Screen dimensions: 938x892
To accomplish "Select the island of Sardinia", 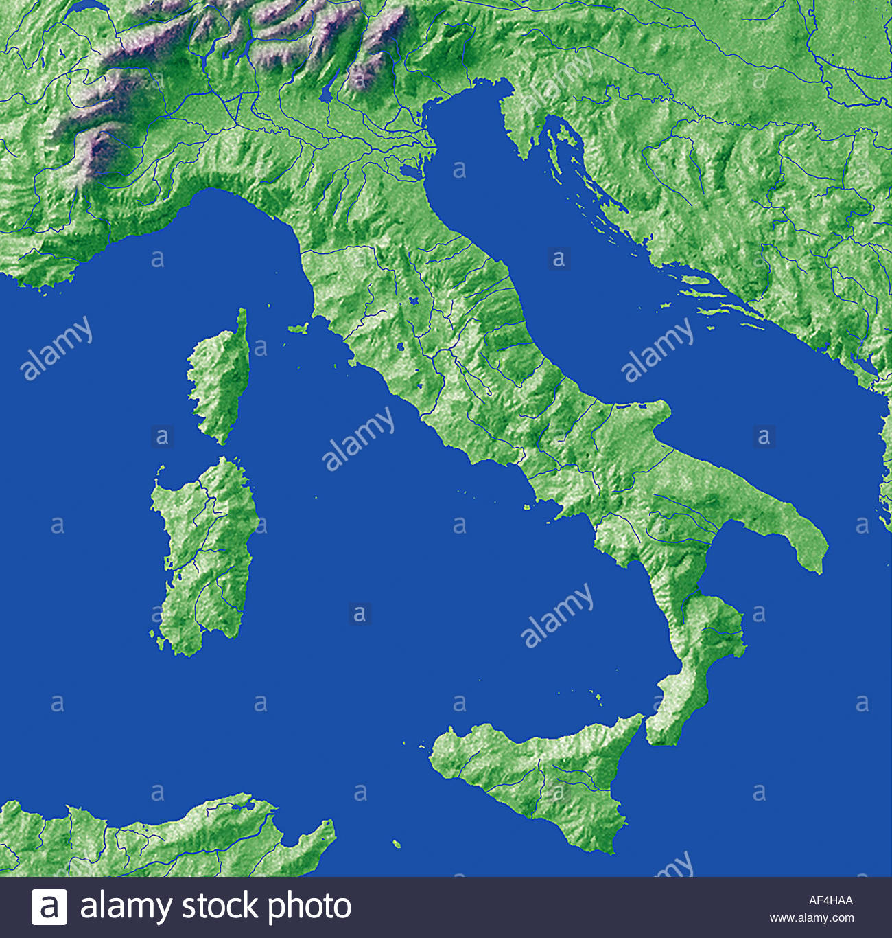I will (204, 549).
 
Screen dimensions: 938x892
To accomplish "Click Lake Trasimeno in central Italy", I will (414, 301).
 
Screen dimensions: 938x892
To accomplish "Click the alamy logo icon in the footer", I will (49, 906).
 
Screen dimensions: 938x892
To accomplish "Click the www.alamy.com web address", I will (812, 918).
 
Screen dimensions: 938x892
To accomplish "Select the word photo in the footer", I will (309, 906).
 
